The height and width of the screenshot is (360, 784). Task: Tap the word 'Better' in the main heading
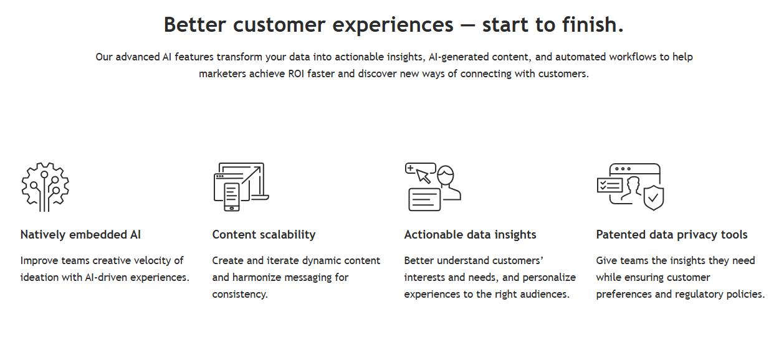[x=194, y=24]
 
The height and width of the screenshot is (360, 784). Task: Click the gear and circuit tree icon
[x=45, y=187]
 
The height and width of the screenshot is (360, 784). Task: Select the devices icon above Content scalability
[x=241, y=187]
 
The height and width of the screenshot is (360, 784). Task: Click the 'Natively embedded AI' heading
[x=80, y=234]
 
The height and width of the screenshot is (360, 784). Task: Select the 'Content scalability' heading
[x=264, y=234]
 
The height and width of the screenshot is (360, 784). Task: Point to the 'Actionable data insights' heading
[x=470, y=234]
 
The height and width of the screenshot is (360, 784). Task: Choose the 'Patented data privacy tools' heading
[x=672, y=234]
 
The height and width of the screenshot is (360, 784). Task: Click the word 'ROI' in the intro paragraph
[x=296, y=74]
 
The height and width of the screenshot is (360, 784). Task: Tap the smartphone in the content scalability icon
[x=232, y=197]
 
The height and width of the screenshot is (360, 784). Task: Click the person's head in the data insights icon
[x=446, y=174]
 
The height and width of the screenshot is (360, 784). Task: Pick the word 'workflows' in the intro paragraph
[x=633, y=57]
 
